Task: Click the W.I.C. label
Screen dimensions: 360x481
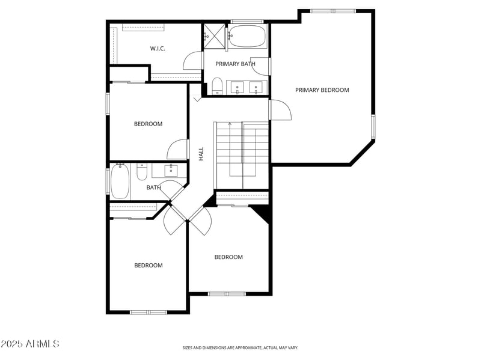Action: (158, 49)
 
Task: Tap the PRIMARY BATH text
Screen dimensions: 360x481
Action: (236, 64)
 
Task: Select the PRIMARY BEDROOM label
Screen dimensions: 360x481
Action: (322, 90)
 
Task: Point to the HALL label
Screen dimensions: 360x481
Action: (201, 154)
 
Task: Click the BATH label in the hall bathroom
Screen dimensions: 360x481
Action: (153, 188)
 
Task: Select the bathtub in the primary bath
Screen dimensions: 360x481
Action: (247, 36)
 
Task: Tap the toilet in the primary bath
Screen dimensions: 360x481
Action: (217, 87)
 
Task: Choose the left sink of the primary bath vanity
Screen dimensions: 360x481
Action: (238, 88)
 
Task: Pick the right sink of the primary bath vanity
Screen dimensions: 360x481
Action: (256, 88)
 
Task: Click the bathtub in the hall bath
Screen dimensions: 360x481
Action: (120, 182)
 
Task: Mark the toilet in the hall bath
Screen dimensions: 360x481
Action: (142, 173)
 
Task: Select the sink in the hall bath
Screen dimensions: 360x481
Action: (171, 170)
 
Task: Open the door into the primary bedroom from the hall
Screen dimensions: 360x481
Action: (280, 109)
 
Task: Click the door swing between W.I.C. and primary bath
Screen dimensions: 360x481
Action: (192, 61)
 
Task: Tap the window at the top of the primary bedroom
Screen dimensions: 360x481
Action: (332, 11)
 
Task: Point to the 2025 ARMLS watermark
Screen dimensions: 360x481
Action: (30, 344)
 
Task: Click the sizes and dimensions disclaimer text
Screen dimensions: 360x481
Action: (240, 347)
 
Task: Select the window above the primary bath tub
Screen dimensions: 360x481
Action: (242, 22)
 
